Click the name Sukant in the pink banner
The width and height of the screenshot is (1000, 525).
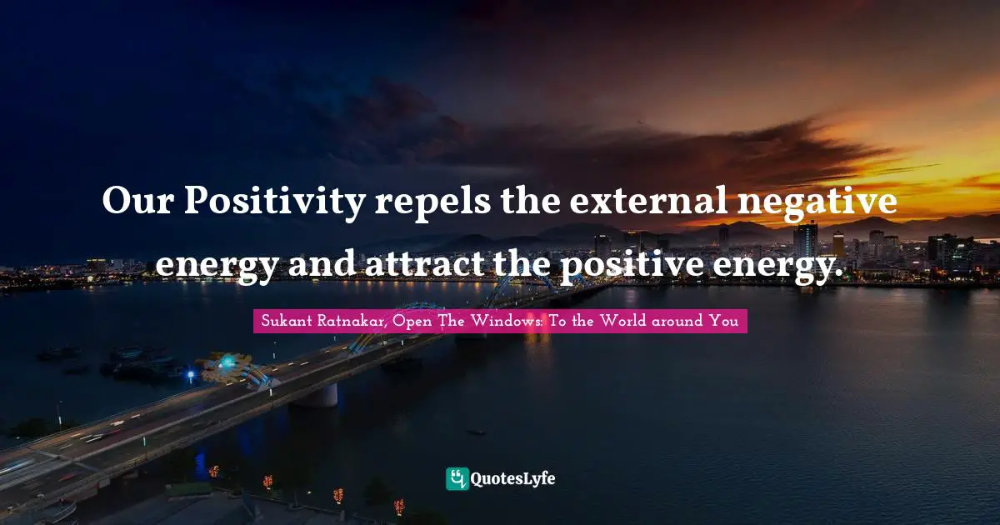point(284,321)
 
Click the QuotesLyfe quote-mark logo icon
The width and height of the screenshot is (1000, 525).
point(457,478)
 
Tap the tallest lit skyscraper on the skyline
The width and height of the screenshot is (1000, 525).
point(805,240)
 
